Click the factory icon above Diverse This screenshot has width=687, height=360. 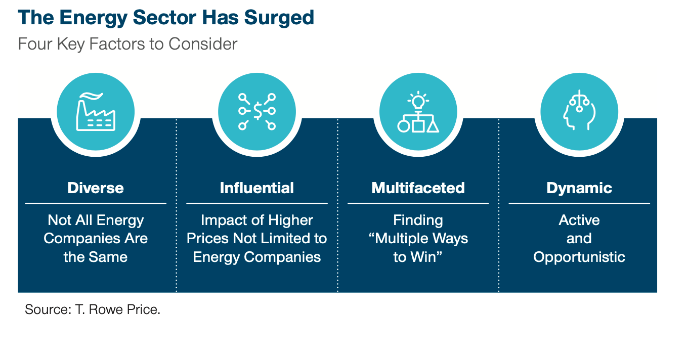click(x=96, y=112)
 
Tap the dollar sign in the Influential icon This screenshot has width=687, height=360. click(x=257, y=111)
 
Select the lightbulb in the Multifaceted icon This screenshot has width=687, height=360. click(x=418, y=101)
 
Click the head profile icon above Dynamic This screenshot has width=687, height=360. click(x=579, y=110)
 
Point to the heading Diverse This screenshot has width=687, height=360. click(x=96, y=188)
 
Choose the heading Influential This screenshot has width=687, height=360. click(x=256, y=188)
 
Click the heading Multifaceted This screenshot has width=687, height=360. click(x=418, y=188)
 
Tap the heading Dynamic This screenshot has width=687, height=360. click(x=579, y=188)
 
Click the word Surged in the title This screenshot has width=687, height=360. click(x=279, y=18)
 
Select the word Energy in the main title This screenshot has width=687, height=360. click(x=93, y=18)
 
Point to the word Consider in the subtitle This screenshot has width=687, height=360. click(x=203, y=44)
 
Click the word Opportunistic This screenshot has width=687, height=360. click(x=579, y=257)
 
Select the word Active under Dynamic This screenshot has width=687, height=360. click(x=579, y=220)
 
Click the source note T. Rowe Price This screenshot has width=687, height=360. click(x=118, y=309)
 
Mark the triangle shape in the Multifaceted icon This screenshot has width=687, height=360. click(x=433, y=126)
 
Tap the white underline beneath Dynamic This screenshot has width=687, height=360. click(x=579, y=203)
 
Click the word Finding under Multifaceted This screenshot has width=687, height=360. click(x=418, y=220)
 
